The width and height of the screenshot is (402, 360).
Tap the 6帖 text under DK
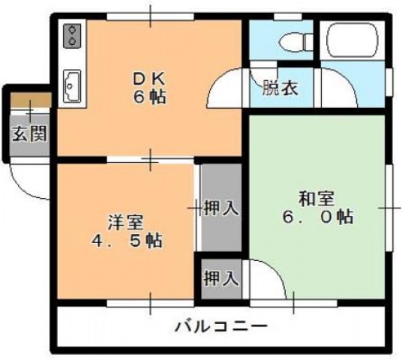tap(151, 97)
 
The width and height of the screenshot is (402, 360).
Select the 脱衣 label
tap(280, 88)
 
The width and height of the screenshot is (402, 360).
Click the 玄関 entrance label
tap(29, 134)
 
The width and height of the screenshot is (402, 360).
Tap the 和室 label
tap(316, 199)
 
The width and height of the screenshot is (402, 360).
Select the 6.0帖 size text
tap(316, 217)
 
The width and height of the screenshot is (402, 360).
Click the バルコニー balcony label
tap(222, 326)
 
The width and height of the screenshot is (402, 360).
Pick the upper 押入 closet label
tap(221, 208)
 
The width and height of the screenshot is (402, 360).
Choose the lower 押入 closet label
tap(221, 278)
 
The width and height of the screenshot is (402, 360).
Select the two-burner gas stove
tap(73, 34)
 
